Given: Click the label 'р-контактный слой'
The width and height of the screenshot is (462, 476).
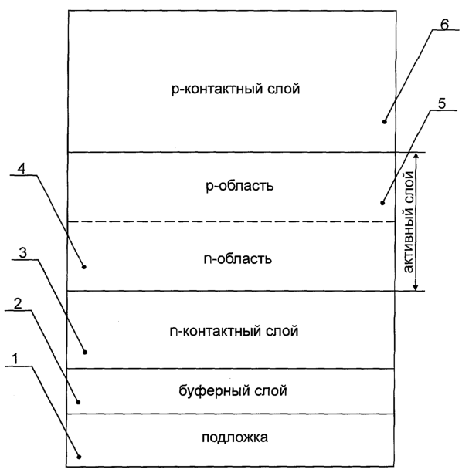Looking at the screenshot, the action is tap(236, 89).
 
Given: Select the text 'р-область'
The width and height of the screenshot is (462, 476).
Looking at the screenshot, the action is tap(239, 185).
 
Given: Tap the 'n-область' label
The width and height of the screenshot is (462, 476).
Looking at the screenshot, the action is tap(238, 259).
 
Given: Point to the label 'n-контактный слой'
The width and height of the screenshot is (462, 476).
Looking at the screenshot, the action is tap(234, 331).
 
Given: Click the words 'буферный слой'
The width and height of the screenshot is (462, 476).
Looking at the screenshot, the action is tap(233, 390).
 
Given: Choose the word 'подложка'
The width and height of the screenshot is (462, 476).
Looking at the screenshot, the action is tap(235, 437).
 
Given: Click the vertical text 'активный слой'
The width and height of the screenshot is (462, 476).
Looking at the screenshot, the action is tap(408, 222).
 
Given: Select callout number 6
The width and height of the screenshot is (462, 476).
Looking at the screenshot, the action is tap(444, 24).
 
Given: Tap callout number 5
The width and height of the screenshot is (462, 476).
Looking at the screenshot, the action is tap(442, 104).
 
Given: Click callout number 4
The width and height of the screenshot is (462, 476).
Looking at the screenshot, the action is tap(22, 168).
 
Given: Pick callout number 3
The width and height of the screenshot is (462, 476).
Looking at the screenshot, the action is tap(23, 253).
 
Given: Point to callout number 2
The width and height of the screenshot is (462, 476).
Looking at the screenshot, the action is tap(18, 304).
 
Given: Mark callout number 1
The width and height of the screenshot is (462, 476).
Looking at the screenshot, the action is tap(15, 360).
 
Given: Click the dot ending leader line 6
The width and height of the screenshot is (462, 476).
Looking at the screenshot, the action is tap(384, 122).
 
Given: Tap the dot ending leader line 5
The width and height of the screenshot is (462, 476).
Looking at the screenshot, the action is tap(382, 203).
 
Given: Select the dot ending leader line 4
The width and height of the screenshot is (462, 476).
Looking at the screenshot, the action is tap(84, 267).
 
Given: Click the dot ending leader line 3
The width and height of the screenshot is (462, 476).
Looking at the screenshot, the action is tap(85, 352).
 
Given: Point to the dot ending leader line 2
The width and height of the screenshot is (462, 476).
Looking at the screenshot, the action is tap(78, 402).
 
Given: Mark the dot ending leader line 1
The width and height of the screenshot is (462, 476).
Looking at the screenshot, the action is tap(79, 457).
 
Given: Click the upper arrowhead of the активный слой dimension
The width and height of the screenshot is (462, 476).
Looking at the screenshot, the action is tap(416, 155).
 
